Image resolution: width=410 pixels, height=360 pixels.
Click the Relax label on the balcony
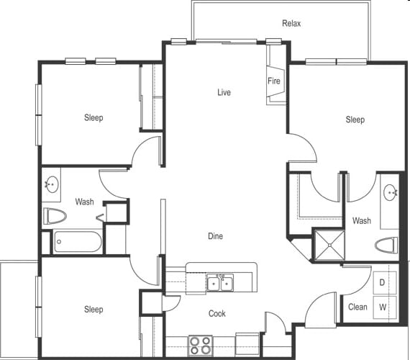pos(291,24)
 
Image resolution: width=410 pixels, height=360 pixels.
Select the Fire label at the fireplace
pos(274,81)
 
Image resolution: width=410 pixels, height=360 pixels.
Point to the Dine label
pos(215,236)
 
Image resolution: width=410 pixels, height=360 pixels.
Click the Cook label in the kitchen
pos(217,314)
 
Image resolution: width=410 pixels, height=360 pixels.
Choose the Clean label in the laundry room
pos(357,307)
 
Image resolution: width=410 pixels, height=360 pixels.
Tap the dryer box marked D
pos(383,282)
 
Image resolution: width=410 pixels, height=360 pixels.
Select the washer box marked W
pos(383,307)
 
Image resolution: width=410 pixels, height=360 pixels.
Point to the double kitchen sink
pos(221,283)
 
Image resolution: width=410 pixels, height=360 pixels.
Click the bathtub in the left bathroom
pos(78,241)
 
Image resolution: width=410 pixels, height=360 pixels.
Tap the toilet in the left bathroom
pos(55,215)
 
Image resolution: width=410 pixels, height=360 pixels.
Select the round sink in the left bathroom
pos(51,185)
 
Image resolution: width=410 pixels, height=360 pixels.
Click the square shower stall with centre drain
pos(328,245)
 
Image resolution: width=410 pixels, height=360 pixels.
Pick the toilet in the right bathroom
pos(387,246)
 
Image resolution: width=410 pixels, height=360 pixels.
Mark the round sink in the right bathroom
pos(390,192)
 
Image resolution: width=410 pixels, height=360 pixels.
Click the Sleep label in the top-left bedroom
pos(94,118)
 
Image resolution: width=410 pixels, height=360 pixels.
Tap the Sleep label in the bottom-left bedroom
pos(94,310)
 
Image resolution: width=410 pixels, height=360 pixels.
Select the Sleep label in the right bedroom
pos(355,120)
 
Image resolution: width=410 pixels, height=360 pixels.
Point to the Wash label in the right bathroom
pos(362,221)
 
